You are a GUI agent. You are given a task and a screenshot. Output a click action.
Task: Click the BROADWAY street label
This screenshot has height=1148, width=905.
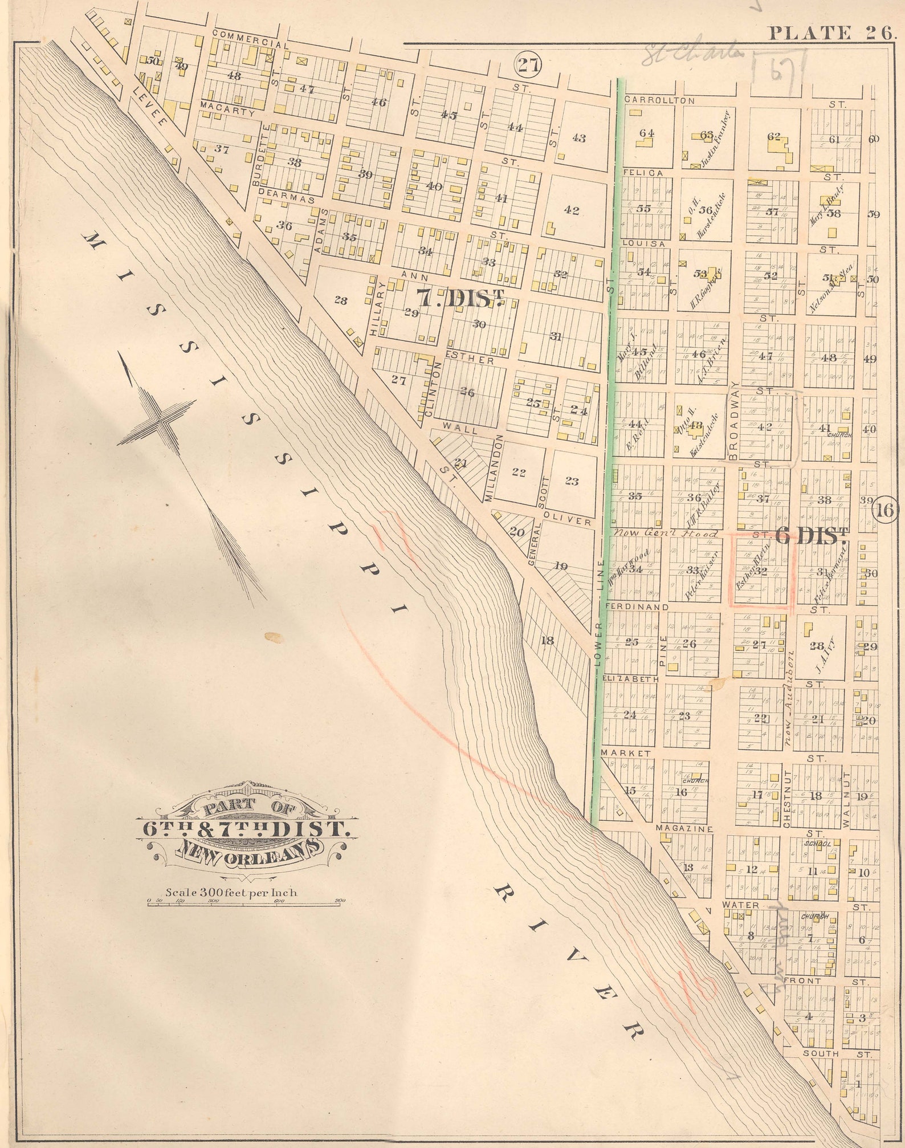coord(733,420)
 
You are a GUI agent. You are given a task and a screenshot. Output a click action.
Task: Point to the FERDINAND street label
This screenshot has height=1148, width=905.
coord(637,607)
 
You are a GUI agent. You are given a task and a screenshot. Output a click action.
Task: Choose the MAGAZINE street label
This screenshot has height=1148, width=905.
coord(684,828)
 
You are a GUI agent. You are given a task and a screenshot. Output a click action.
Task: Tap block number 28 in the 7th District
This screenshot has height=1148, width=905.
coord(340,300)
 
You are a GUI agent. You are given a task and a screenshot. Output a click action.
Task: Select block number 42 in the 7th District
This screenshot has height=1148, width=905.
coord(572,210)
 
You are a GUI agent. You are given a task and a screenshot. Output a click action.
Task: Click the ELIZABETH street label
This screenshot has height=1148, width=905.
coord(631,679)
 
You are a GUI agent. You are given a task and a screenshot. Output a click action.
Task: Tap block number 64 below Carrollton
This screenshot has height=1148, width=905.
coord(646,133)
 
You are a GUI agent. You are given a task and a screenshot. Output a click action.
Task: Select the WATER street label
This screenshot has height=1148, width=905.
coord(740,905)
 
